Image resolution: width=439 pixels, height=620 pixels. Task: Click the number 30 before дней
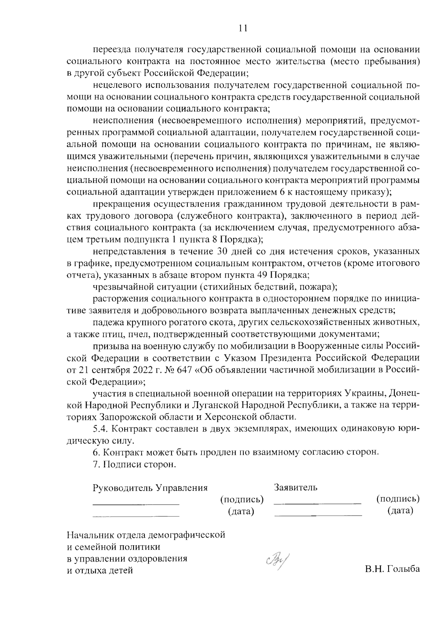[x=224, y=251]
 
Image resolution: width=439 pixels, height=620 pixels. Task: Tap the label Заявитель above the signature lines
[x=296, y=487]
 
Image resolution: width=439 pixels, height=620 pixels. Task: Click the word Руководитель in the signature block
[x=123, y=488]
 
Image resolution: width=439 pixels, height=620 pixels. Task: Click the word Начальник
[x=90, y=535]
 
